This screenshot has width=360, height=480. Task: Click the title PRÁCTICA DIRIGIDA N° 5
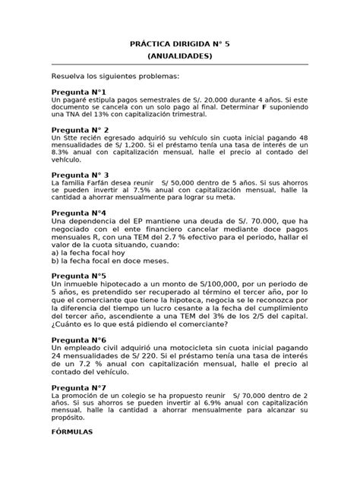coord(180,45)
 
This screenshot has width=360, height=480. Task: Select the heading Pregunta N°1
coord(79,91)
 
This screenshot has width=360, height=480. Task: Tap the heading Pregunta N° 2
coord(81,130)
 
